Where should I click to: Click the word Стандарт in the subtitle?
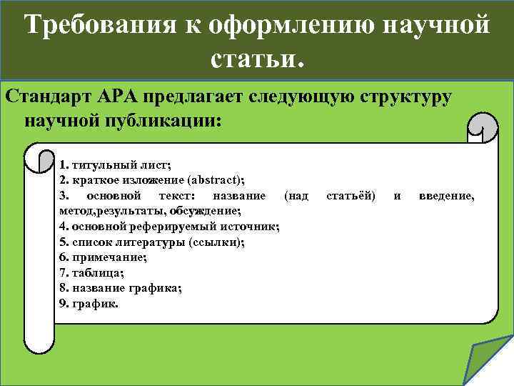point(51,96)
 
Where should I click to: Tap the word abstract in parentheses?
point(221,179)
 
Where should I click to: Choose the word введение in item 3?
point(445,195)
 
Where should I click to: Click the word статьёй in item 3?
point(351,195)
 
